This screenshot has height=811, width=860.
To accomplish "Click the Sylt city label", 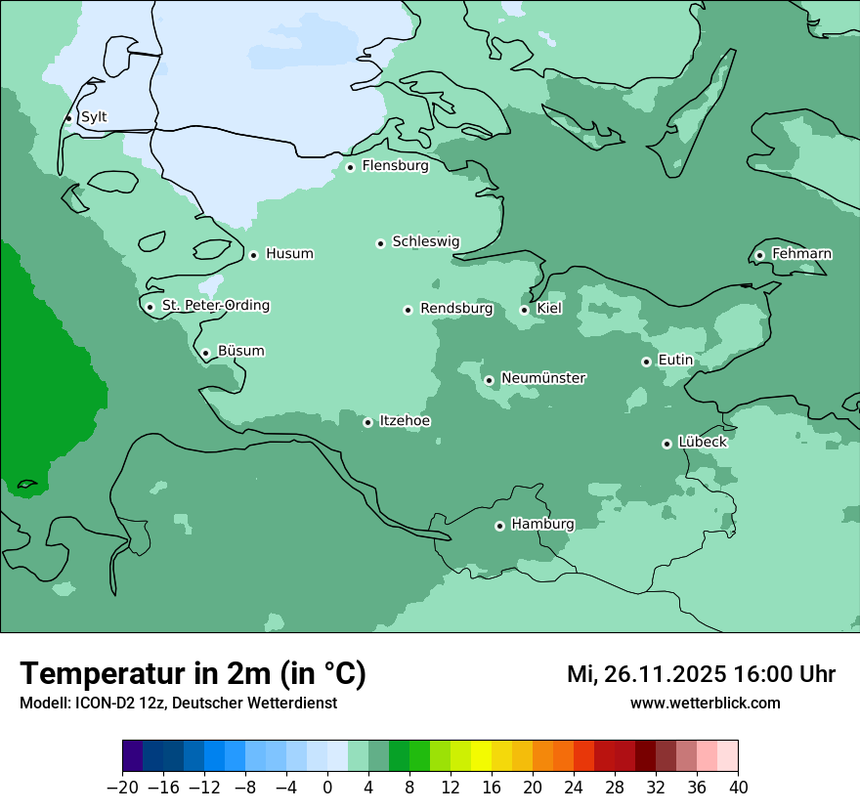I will tap(94, 117).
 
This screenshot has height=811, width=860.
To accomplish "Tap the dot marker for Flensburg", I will tap(350, 167).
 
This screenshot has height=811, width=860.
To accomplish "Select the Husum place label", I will tap(289, 254).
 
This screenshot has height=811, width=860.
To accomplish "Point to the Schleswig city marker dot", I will tap(381, 243).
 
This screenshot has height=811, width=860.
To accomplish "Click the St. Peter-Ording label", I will tap(215, 306).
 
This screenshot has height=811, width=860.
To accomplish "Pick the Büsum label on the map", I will tap(240, 352).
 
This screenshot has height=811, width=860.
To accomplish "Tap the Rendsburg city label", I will tap(456, 309).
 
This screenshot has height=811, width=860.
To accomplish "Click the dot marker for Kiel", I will tap(524, 310).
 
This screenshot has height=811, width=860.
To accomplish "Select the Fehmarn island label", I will tap(801, 254).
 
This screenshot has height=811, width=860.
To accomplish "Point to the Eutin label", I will tap(675, 361).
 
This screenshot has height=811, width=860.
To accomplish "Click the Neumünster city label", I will tap(543, 378).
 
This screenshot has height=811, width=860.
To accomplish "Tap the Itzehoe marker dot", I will tap(367, 422).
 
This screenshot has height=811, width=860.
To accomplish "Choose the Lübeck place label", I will tap(703, 442).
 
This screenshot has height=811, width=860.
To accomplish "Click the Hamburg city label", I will tap(542, 524).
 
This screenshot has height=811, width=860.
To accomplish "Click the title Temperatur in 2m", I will tap(193, 673).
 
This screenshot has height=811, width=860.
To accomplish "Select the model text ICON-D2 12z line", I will tap(178, 704).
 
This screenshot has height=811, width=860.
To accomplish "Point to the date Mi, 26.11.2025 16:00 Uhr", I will tap(701, 674).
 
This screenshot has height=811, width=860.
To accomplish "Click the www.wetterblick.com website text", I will tap(705, 704).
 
